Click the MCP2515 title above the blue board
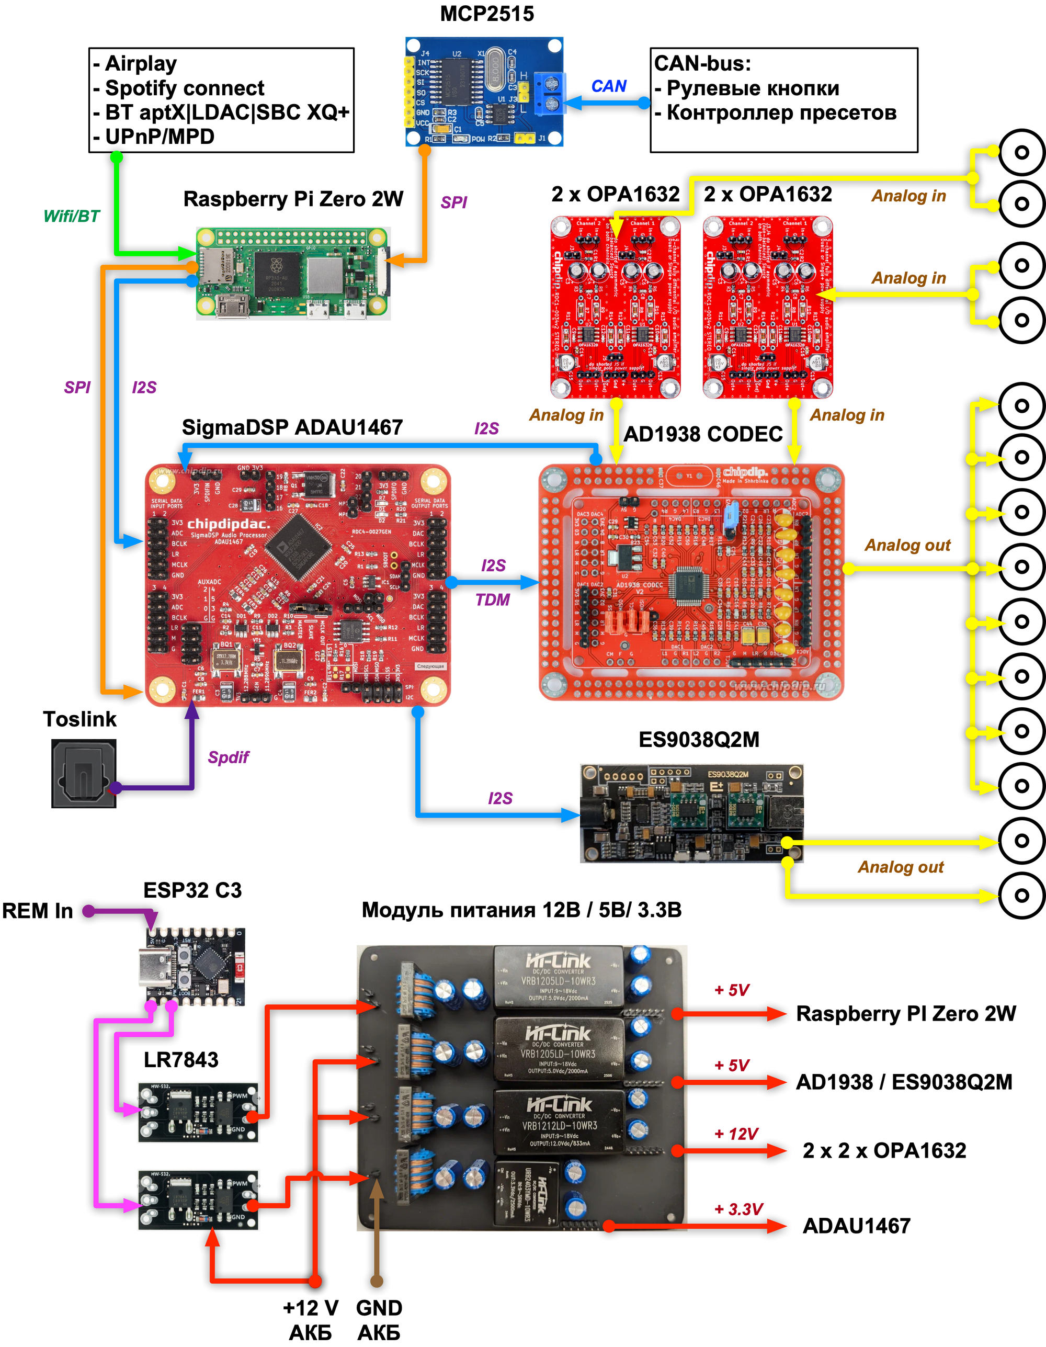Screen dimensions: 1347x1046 (x=486, y=14)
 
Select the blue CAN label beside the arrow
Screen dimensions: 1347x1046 (x=608, y=86)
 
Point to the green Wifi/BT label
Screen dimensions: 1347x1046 (x=72, y=216)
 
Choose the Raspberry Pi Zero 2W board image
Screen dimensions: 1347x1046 (x=293, y=273)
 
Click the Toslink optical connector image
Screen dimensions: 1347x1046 (x=83, y=774)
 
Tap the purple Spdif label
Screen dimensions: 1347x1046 (x=228, y=757)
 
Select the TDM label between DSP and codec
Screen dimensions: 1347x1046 (x=492, y=599)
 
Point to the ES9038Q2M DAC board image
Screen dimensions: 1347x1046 (x=691, y=813)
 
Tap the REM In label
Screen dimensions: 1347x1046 (x=38, y=911)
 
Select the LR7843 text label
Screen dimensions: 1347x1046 (x=181, y=1060)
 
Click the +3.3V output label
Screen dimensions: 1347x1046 (x=738, y=1209)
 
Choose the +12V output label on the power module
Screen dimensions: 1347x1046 (x=736, y=1134)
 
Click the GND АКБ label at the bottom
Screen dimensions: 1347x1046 (x=379, y=1320)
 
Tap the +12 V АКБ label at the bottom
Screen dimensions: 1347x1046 (x=310, y=1320)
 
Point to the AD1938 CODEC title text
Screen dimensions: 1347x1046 (x=702, y=434)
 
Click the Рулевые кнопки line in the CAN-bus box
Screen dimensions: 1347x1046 (x=753, y=88)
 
